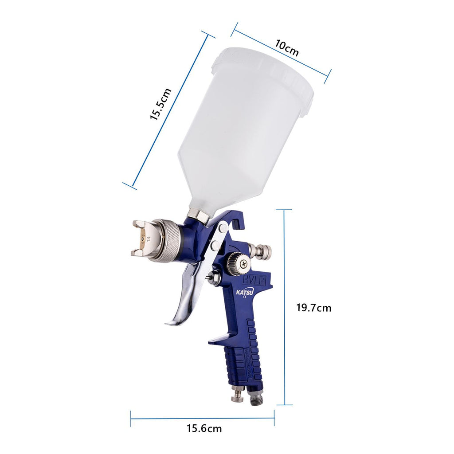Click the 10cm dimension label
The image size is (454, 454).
[x=287, y=48]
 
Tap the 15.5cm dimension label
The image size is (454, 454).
[x=161, y=104]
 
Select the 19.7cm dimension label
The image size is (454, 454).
[x=313, y=308]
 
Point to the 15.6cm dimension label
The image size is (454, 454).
[x=204, y=428]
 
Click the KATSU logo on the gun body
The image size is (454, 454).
[x=245, y=293]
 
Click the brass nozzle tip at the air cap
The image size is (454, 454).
[x=144, y=238]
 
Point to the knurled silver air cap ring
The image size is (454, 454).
[x=168, y=240]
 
